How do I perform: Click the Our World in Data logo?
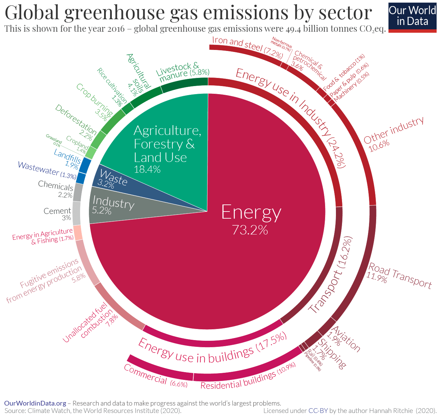[412, 16]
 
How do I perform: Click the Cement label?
[57, 211]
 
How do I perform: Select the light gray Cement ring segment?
[76, 213]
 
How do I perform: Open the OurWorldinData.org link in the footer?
[35, 403]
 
